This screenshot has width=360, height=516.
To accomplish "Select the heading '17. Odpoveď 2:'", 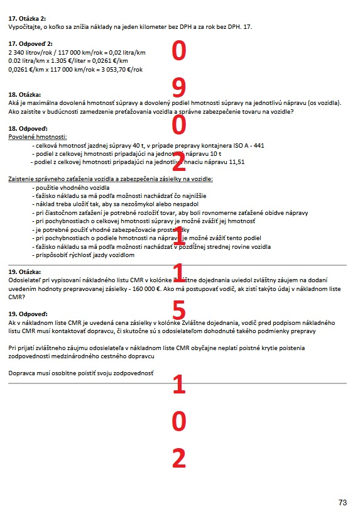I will click(30, 43).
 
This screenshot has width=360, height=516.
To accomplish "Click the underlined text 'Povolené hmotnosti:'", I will click(38, 136).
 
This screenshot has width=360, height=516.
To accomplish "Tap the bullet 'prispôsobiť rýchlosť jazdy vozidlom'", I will click(85, 255).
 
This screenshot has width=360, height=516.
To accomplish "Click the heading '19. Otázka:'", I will click(24, 270).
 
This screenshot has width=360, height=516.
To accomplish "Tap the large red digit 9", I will click(179, 88).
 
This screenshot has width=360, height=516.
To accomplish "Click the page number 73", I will click(342, 502).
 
